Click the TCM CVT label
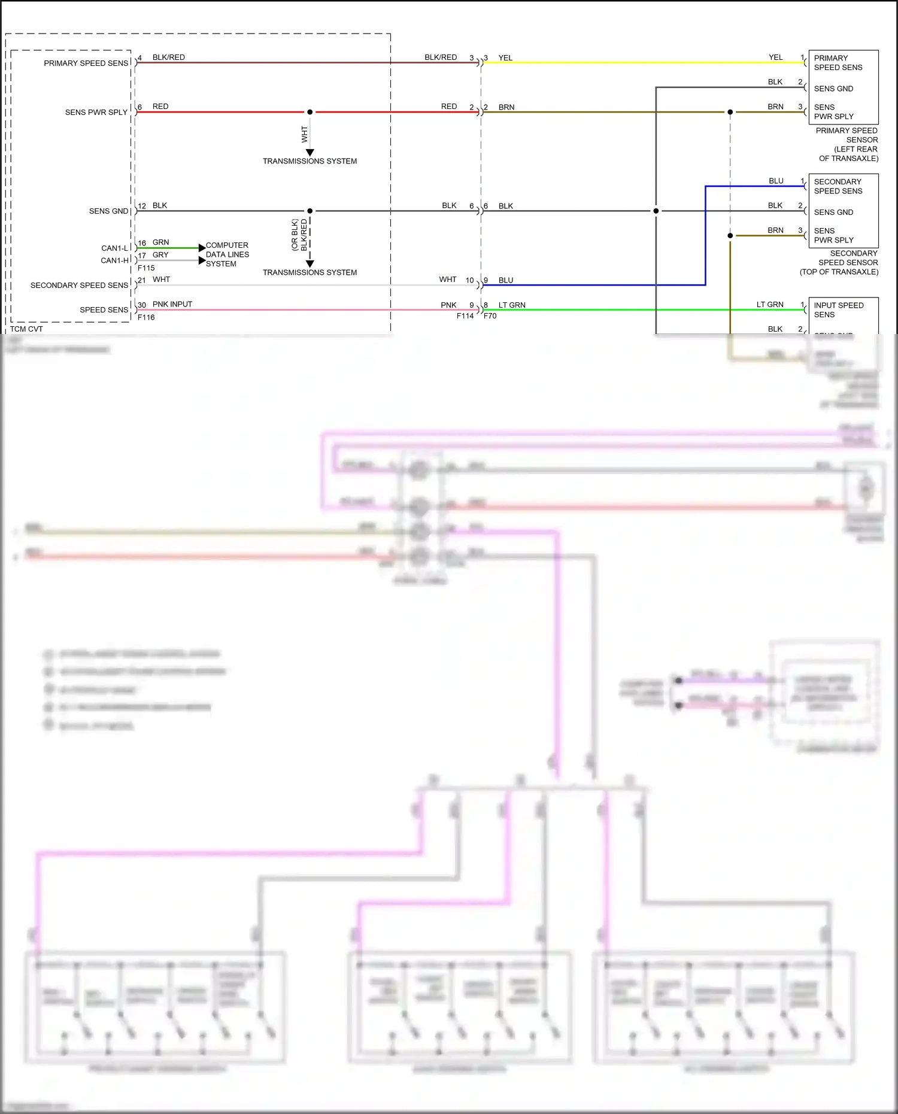(x=26, y=329)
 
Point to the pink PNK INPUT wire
(x=299, y=309)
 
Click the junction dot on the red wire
(x=310, y=112)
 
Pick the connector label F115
(x=146, y=268)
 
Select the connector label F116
(x=146, y=317)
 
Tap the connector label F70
(x=490, y=316)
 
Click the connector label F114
(x=465, y=316)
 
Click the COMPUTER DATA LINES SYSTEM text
(x=227, y=254)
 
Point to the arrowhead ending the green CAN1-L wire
(x=202, y=248)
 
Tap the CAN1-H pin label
(x=115, y=260)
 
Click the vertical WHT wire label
(x=304, y=134)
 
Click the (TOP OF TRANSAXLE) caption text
(x=839, y=272)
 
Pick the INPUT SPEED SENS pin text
(x=838, y=309)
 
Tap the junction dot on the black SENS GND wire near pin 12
(x=310, y=211)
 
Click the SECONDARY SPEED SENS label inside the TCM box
(x=79, y=286)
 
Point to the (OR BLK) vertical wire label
(x=295, y=235)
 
